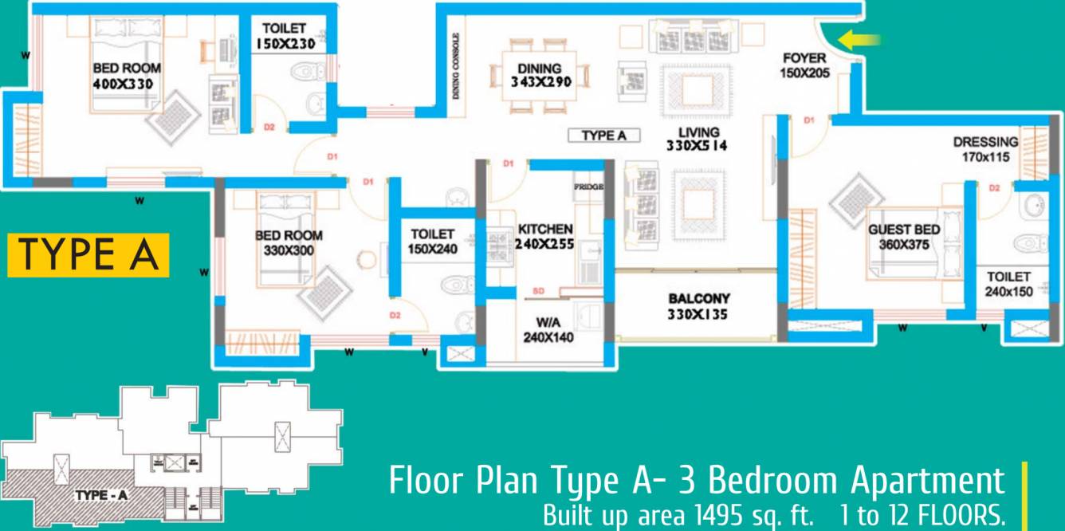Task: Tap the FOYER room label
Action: (x=806, y=58)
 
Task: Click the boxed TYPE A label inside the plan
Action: (x=603, y=136)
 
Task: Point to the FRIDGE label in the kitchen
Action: (x=588, y=187)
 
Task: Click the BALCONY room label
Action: (x=698, y=299)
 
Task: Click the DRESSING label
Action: (x=985, y=143)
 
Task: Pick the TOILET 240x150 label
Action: (x=1008, y=284)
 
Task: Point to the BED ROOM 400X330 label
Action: (x=122, y=77)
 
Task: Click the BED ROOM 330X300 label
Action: (x=289, y=242)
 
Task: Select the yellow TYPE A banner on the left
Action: (x=88, y=254)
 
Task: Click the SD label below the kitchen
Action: (x=538, y=292)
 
